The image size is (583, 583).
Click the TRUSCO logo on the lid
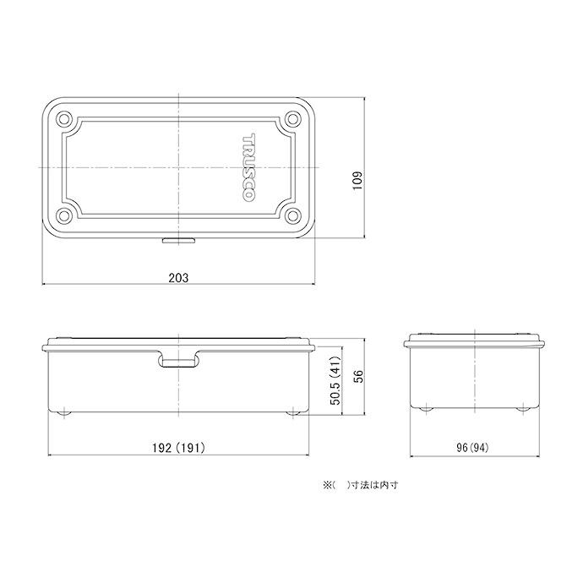(250, 167)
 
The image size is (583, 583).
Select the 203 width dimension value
(177, 277)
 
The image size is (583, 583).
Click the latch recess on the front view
(178, 362)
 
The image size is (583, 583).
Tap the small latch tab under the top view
(178, 241)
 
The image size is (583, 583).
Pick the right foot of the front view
(294, 412)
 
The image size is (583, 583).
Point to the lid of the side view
(476, 341)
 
